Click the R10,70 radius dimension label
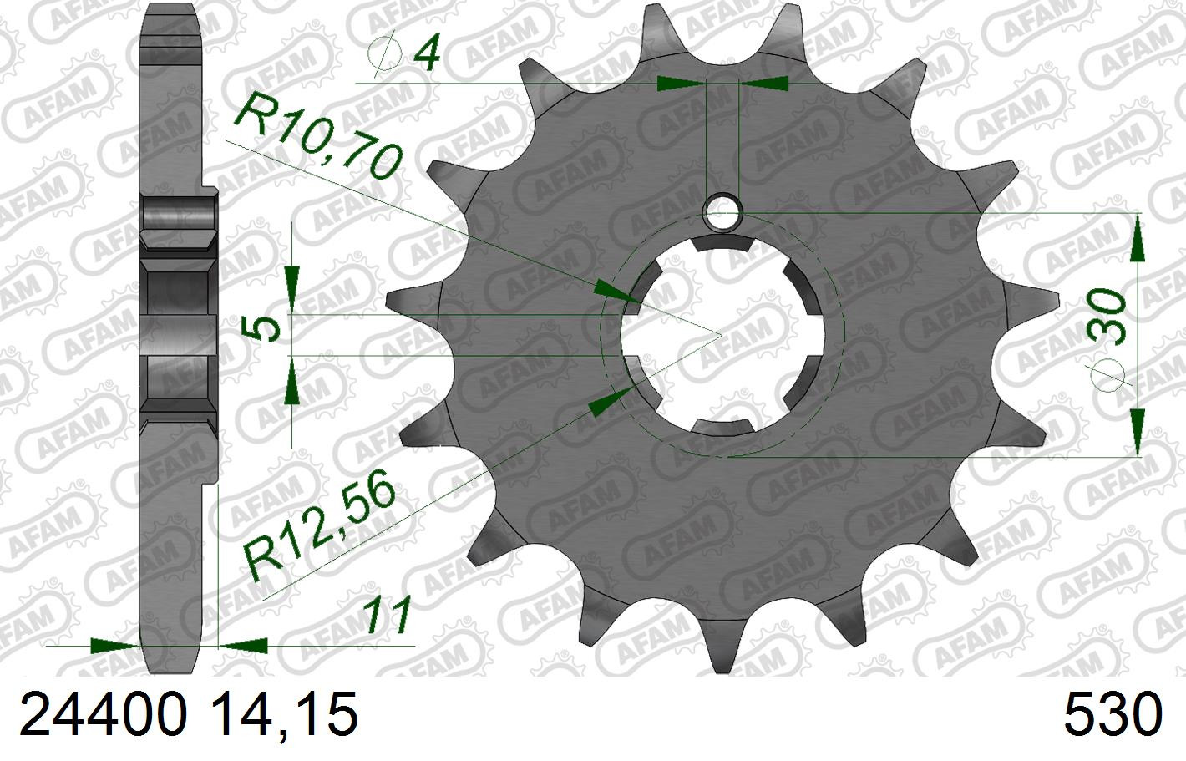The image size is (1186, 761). tap(317, 136)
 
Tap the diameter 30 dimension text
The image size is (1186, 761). tap(1105, 316)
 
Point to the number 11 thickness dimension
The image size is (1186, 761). tap(388, 615)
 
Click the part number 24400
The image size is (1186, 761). tap(104, 716)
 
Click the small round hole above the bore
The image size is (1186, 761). tap(722, 213)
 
